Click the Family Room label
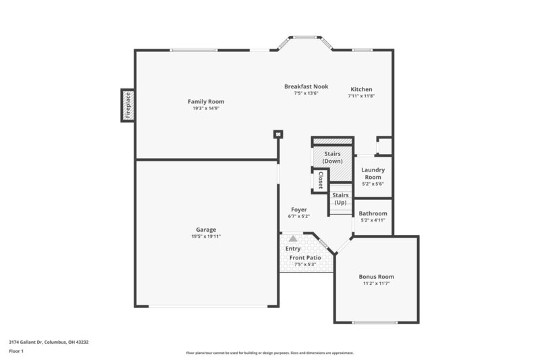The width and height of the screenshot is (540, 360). pos(206,101)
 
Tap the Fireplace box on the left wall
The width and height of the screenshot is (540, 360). pos(128,105)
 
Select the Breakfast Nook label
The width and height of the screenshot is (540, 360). pos(306,86)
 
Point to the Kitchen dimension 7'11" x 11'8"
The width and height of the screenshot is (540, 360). pos(361,96)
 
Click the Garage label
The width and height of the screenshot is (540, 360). pos(207,230)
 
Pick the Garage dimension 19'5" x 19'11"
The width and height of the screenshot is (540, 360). pos(207,236)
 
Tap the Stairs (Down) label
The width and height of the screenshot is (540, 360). pos(332,158)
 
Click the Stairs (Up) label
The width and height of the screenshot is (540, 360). pos(340,199)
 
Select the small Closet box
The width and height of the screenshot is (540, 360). pos(320,180)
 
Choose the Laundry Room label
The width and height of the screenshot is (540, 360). pos(373,174)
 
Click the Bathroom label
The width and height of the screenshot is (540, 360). pos(372,213)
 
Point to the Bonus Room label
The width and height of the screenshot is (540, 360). pos(376,277)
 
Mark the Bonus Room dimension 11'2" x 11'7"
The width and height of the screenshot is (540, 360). pos(376,284)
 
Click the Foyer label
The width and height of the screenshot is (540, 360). pos(299,209)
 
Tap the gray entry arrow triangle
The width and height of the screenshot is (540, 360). pos(292,238)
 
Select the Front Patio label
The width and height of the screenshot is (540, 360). pos(306,257)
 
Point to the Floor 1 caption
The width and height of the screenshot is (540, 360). pos(16,351)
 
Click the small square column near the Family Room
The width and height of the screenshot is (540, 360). pos(277,134)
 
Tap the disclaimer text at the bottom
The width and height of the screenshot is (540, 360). pos(269,353)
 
